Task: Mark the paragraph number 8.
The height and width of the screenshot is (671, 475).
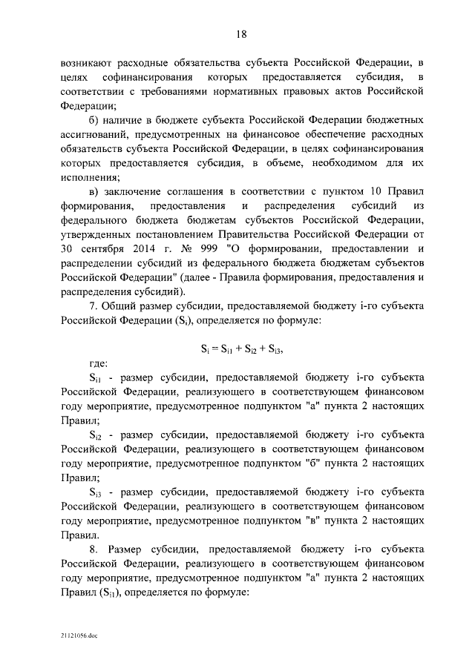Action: tap(92, 549)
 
